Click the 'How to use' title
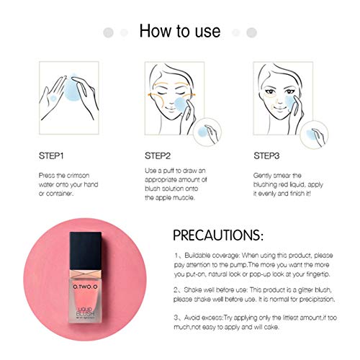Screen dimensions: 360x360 (179, 32)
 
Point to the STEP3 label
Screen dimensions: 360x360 (267, 156)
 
